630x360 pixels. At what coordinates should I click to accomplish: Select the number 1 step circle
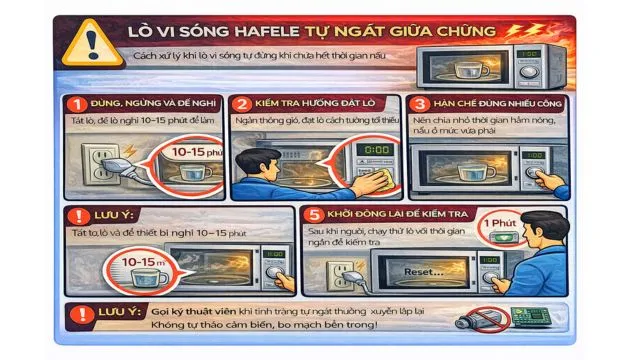click(72, 105)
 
